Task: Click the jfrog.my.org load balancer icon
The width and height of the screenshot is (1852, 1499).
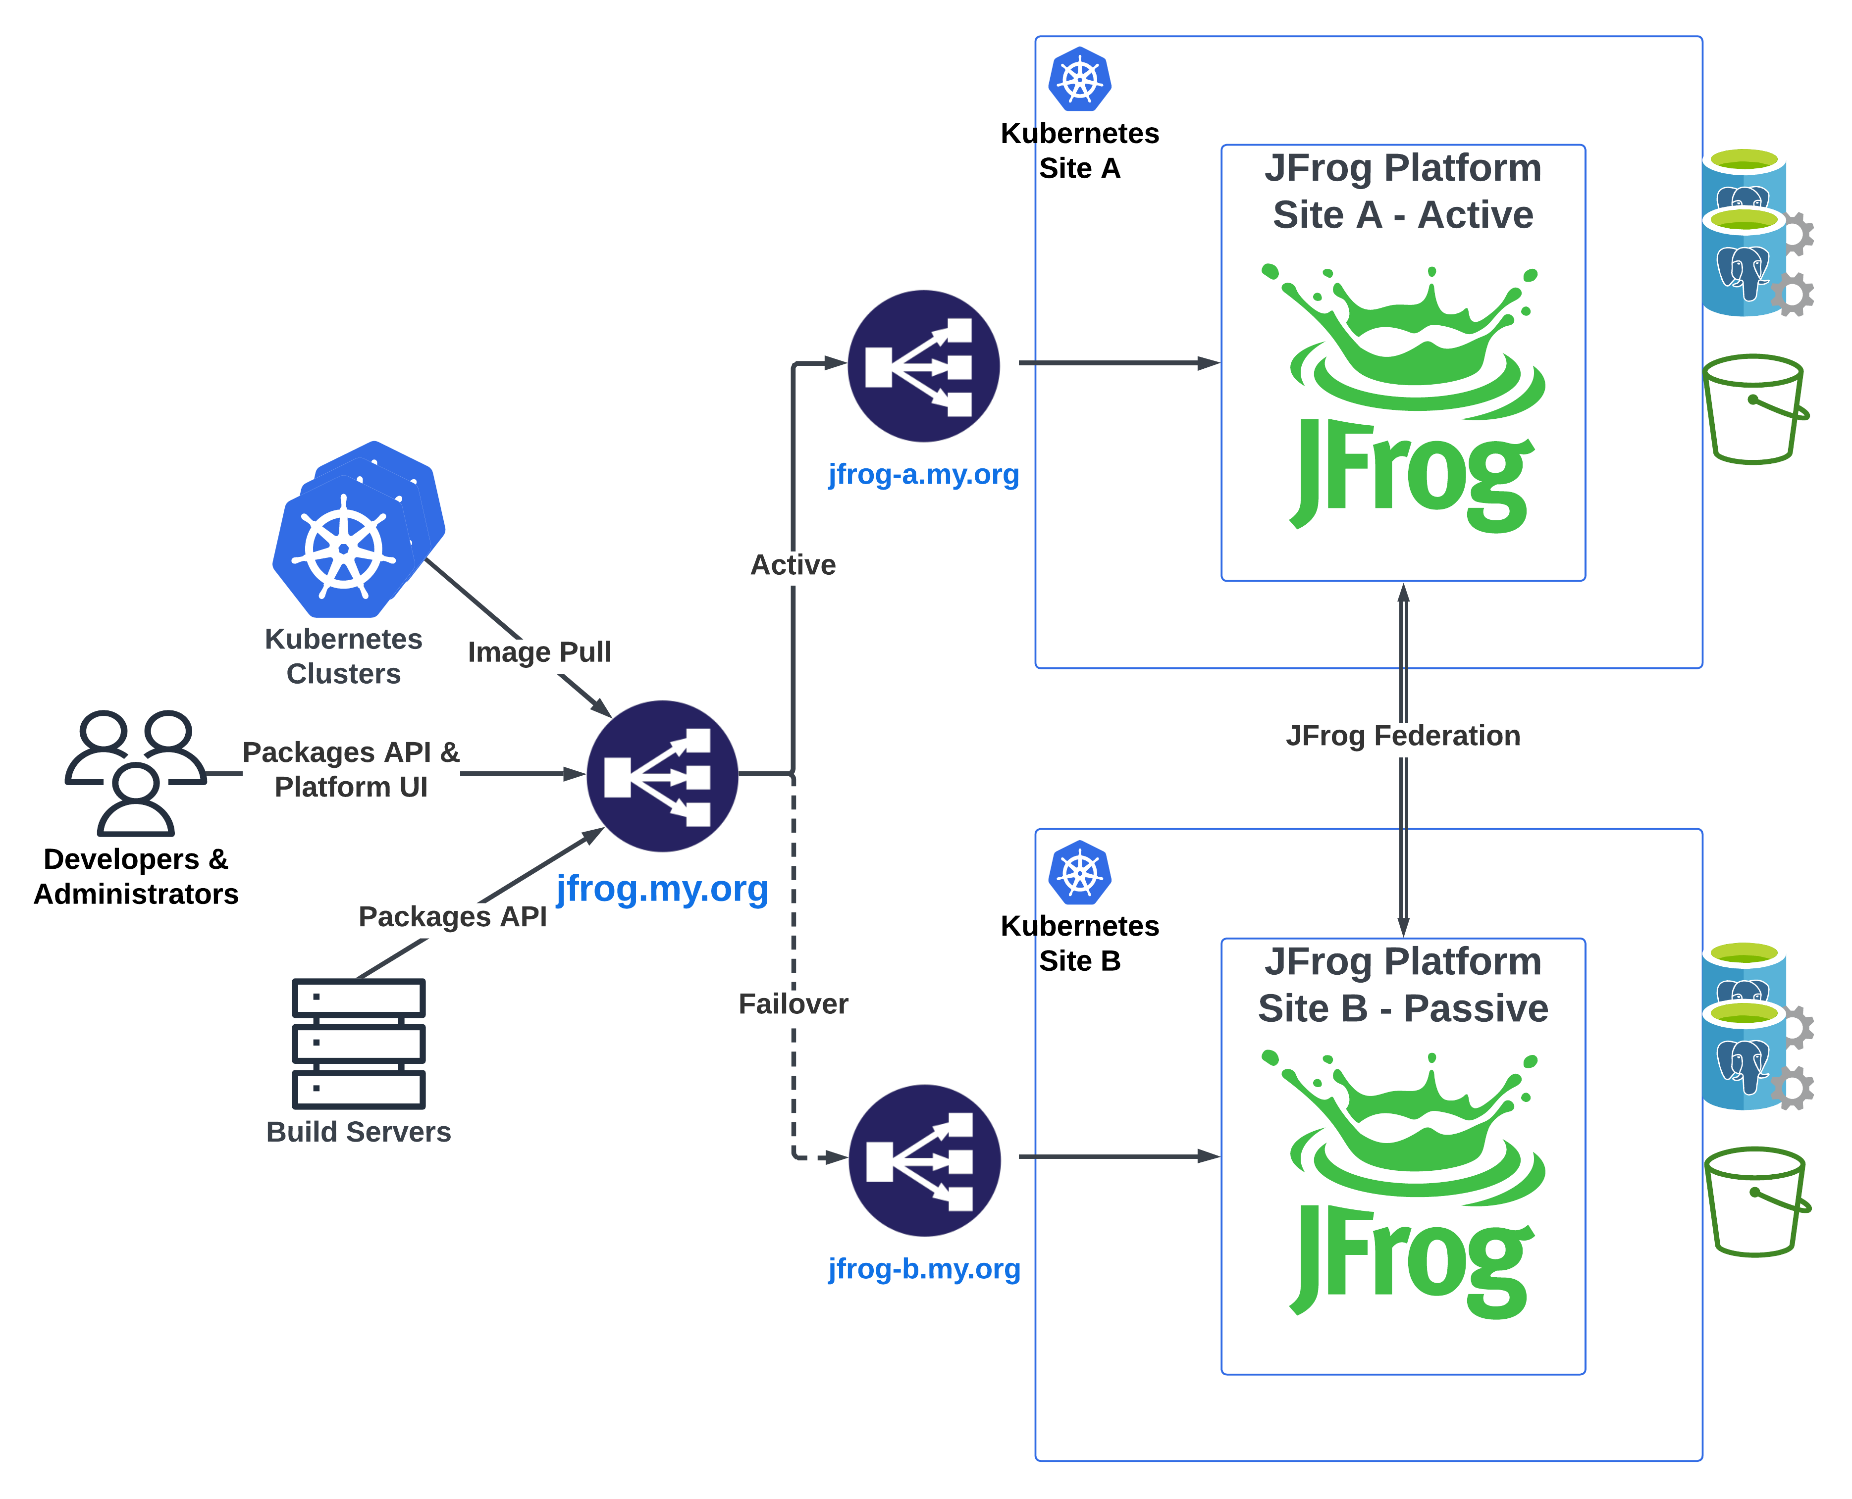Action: click(x=662, y=775)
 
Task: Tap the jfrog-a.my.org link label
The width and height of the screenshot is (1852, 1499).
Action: click(x=923, y=474)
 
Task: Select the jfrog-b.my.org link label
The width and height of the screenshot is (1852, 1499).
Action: click(x=923, y=1268)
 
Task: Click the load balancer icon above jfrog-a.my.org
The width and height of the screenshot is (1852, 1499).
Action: click(x=923, y=365)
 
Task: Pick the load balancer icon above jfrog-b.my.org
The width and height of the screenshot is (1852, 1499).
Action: click(x=923, y=1160)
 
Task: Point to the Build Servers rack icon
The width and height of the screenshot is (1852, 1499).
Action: click(x=359, y=1043)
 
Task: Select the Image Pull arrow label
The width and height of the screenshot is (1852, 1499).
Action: click(x=539, y=652)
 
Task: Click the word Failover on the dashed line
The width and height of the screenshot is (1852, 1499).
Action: click(x=793, y=1003)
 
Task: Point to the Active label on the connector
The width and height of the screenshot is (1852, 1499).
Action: click(x=793, y=565)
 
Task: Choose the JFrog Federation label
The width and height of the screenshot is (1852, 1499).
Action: click(x=1403, y=736)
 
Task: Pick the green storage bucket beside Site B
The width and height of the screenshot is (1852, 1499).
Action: click(x=1756, y=1202)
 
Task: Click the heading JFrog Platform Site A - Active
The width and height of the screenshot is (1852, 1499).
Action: click(x=1403, y=191)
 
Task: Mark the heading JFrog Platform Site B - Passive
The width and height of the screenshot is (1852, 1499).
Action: click(x=1403, y=984)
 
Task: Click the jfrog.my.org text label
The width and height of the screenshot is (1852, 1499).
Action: click(x=662, y=889)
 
